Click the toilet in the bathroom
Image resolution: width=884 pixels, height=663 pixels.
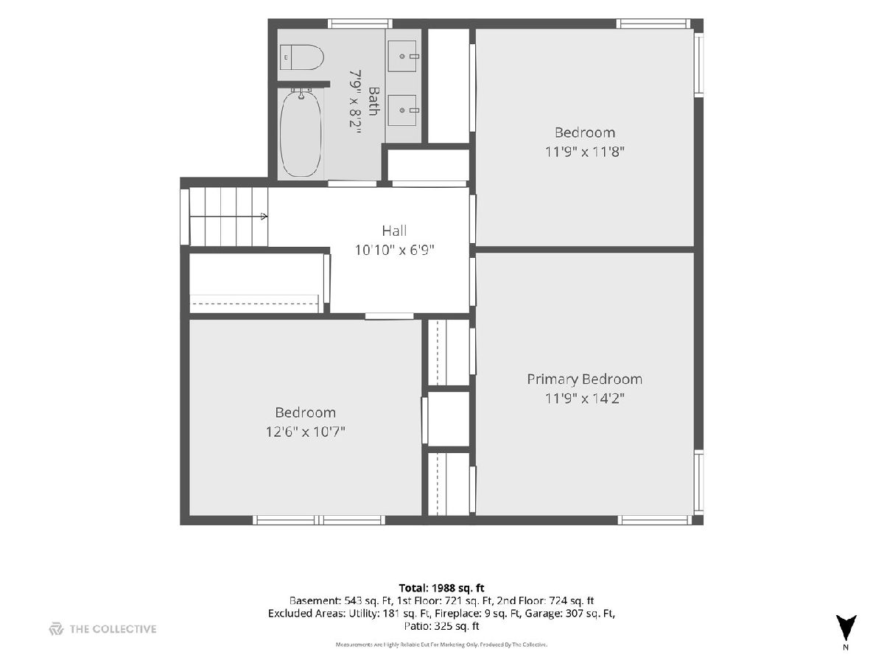point(301,57)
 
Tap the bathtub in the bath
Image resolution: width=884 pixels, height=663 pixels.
point(301,133)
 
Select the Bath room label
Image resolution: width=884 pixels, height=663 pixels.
point(373,101)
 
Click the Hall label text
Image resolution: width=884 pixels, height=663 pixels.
point(394,231)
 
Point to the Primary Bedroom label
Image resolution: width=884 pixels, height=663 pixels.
point(584,379)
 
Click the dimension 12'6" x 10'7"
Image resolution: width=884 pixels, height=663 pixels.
point(305,432)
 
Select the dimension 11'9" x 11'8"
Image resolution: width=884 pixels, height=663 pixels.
point(584,152)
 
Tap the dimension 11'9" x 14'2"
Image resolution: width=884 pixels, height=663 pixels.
point(584,399)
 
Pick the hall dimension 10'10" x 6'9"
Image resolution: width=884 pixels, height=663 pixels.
point(394,250)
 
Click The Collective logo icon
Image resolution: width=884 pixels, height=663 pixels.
point(56,629)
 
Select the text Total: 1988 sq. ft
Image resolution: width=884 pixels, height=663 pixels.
point(441,588)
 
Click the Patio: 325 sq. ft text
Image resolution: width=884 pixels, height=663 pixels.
point(441,626)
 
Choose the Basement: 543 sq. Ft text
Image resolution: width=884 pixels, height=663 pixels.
point(340,600)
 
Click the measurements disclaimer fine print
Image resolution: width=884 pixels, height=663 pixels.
point(441,645)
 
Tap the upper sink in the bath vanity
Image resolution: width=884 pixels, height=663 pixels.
point(403,56)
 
